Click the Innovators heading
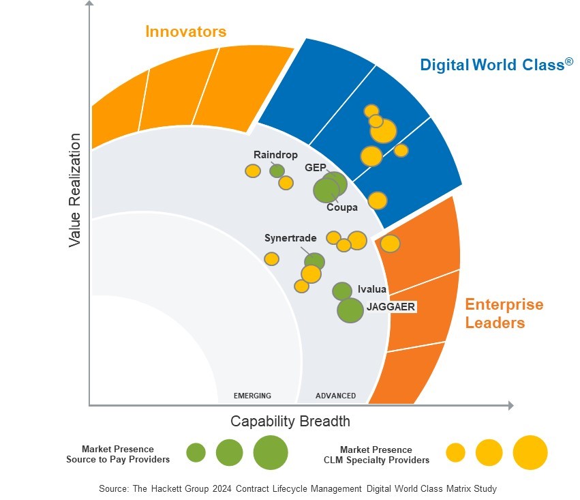pyautogui.click(x=185, y=31)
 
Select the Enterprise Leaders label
pyautogui.click(x=504, y=313)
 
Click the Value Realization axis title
pyautogui.click(x=74, y=190)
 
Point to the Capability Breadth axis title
pyautogui.click(x=290, y=421)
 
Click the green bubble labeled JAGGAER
pyautogui.click(x=350, y=310)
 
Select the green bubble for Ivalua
pyautogui.click(x=342, y=291)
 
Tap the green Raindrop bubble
pyautogui.click(x=277, y=171)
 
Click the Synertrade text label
pyautogui.click(x=290, y=238)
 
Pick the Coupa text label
pyautogui.click(x=341, y=207)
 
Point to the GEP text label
pyautogui.click(x=315, y=167)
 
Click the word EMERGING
pyautogui.click(x=252, y=396)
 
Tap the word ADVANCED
pyautogui.click(x=335, y=396)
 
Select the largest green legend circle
pyautogui.click(x=271, y=452)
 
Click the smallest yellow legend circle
pyautogui.click(x=455, y=452)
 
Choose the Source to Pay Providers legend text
pyautogui.click(x=118, y=460)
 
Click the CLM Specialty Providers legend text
pyautogui.click(x=376, y=460)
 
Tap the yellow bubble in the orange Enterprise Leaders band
pyautogui.click(x=390, y=244)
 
